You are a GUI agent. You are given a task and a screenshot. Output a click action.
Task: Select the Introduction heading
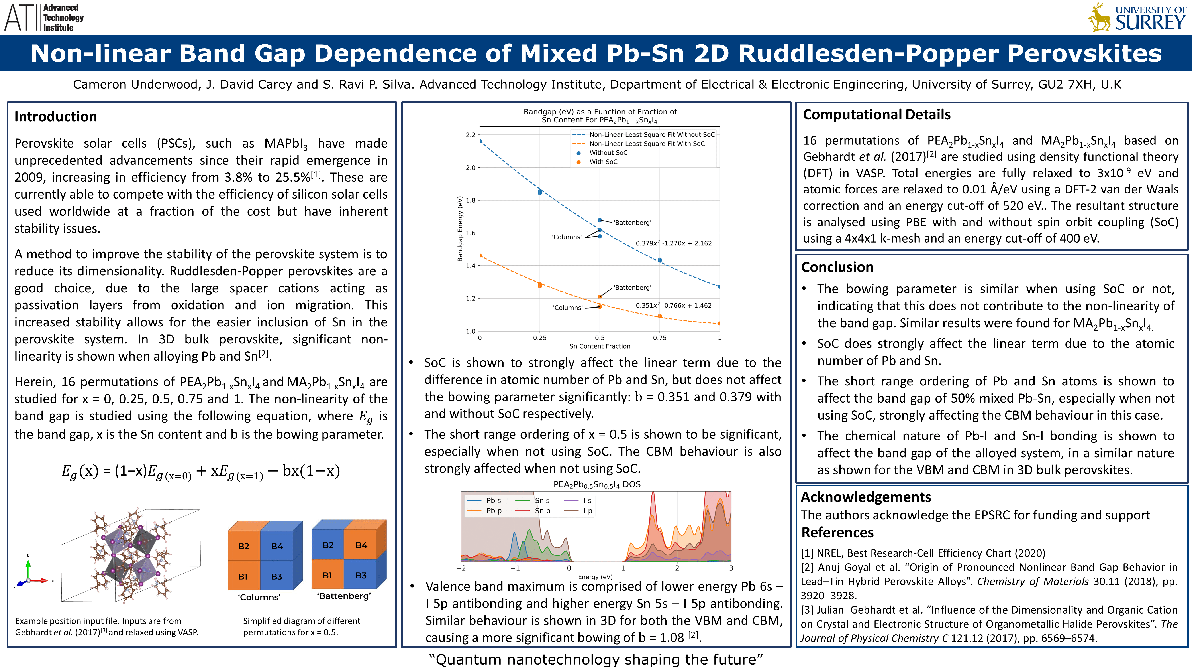(55, 116)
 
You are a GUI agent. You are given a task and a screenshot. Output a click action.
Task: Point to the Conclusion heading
(837, 267)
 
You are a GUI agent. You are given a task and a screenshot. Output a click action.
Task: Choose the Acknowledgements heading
(866, 497)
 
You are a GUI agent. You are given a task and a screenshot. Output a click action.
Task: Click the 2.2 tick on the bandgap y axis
(471, 135)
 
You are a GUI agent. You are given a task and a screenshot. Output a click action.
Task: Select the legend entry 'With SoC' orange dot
(578, 162)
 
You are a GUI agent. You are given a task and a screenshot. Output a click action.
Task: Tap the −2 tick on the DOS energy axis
(461, 568)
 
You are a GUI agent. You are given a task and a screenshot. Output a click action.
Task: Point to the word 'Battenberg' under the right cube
(344, 596)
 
